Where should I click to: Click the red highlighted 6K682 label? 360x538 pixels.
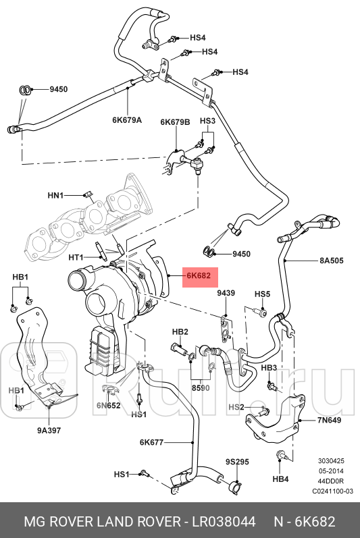coord(199,275)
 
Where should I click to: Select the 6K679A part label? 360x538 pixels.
coord(127,120)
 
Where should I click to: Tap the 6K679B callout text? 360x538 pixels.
coord(175,122)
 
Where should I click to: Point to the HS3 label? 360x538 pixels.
coord(207,121)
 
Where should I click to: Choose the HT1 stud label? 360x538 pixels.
coord(75,257)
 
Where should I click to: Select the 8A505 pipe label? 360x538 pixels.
coord(332,260)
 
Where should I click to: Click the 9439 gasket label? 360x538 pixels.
coord(226,293)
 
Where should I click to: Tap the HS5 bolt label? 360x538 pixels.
coord(262,294)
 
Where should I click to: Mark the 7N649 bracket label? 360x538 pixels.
coord(330,421)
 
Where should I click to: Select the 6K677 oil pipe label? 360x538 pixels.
coord(151,442)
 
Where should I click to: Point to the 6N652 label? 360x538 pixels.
coord(107,405)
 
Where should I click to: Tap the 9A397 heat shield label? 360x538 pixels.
coord(49,430)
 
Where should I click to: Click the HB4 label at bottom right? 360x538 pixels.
coord(280,479)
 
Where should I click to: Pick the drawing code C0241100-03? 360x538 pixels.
coord(332,491)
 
